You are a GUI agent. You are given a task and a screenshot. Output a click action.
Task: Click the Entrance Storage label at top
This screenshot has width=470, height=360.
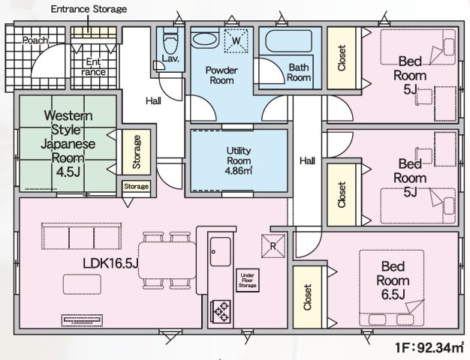point(89,10)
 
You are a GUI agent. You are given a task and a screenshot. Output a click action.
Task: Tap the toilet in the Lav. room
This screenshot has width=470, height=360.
point(169,38)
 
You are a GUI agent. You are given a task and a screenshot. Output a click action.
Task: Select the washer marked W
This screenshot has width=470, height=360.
point(237,40)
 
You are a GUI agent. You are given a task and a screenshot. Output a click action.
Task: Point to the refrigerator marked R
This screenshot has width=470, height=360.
point(272,245)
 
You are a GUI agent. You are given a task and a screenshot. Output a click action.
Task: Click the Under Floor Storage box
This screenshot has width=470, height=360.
point(247,280)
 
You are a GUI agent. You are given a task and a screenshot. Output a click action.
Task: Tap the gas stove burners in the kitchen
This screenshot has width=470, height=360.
point(222,309)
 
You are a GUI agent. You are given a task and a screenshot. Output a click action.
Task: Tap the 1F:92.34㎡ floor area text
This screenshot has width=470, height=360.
point(429,348)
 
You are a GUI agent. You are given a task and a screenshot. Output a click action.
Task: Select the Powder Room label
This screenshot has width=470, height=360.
point(223,74)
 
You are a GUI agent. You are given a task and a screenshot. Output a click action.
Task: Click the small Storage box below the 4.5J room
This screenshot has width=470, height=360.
point(136,185)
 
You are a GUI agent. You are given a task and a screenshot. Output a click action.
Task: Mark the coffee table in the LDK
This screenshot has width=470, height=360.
point(82,284)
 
